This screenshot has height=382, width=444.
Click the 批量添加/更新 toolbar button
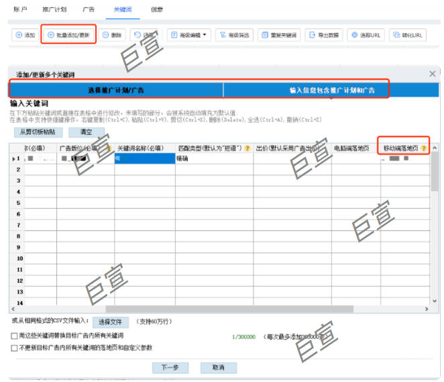69,35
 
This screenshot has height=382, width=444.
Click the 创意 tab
156,10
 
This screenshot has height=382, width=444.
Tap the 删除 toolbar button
113,35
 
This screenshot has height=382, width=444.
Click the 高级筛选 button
233,35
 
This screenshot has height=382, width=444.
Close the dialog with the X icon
433,74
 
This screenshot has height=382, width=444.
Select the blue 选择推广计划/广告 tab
116,90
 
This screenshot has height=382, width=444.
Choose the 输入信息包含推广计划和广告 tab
331,90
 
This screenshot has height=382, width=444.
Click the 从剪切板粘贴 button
38,132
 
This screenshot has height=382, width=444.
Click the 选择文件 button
109,322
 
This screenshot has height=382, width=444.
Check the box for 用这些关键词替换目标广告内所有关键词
14,335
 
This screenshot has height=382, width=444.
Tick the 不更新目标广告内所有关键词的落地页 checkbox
14,348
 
